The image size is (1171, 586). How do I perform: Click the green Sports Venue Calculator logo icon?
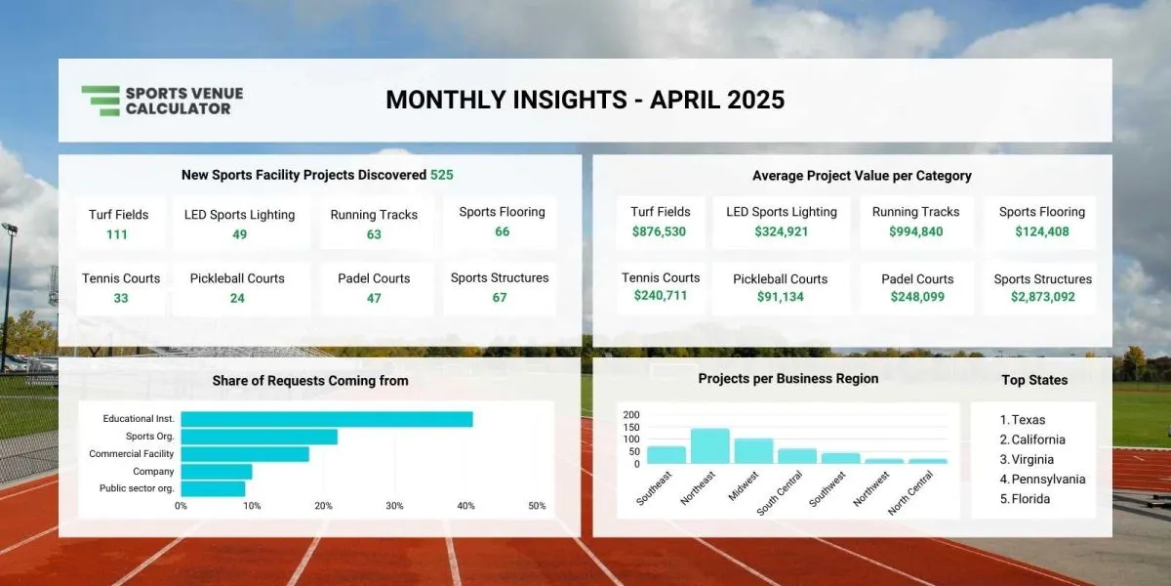(x=101, y=101)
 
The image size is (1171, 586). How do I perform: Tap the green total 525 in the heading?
(x=442, y=175)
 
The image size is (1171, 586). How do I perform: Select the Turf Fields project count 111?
(x=117, y=234)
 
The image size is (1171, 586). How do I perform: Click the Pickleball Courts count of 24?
(x=237, y=298)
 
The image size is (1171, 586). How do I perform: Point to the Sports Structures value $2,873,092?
(x=1043, y=297)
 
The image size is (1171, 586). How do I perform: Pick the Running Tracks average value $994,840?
(x=916, y=231)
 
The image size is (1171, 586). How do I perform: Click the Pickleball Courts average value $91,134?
(x=781, y=297)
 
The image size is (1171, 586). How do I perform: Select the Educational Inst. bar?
(x=327, y=419)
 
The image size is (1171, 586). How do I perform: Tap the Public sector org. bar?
(x=213, y=488)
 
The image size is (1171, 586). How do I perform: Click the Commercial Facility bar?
(x=245, y=454)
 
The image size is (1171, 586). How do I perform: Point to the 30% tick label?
(x=394, y=506)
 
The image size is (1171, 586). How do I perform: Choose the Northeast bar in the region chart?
(x=710, y=445)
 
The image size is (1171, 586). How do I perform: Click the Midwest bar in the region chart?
(x=753, y=451)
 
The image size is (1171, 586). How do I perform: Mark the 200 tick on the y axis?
(x=631, y=415)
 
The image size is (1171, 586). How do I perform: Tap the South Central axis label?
(x=780, y=493)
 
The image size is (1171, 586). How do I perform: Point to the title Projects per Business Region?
(x=788, y=379)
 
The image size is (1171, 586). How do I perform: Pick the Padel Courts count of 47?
(x=374, y=298)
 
